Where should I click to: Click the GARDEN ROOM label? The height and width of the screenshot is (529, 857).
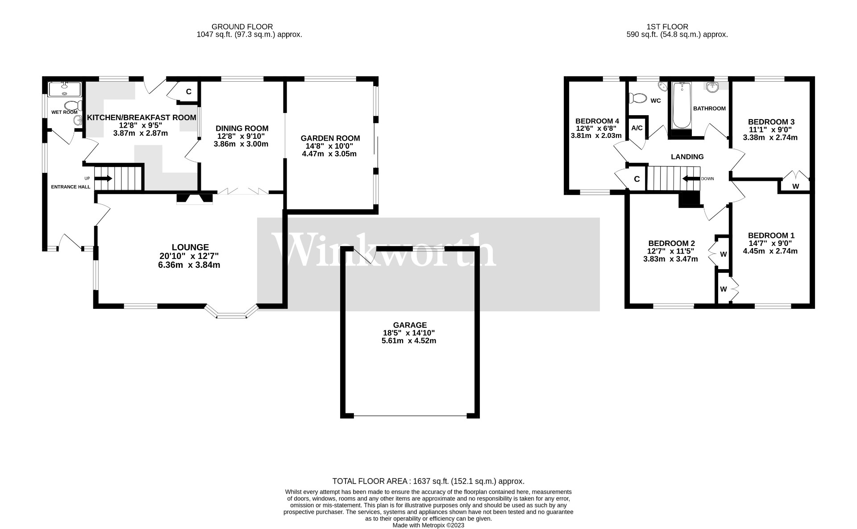pos(330,138)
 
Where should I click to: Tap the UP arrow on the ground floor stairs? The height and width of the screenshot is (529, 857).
pos(103,179)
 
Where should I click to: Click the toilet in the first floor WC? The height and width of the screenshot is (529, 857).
pos(637,98)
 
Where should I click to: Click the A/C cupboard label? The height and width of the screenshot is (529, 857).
pos(637,128)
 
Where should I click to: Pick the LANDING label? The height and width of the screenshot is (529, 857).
pos(687,157)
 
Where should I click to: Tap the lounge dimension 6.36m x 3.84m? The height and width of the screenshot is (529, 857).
pos(190,265)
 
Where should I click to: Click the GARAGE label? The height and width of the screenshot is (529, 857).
pos(410,325)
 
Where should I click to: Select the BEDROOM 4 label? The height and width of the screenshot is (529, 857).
pos(597,121)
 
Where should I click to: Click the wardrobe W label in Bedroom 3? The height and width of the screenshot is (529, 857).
pos(795,187)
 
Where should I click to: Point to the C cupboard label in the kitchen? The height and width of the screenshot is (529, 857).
pos(188,92)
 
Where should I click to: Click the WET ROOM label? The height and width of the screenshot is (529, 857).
pos(64,112)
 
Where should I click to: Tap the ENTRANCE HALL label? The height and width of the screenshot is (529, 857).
pos(71,187)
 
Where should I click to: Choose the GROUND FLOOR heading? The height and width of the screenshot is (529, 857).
pos(242,27)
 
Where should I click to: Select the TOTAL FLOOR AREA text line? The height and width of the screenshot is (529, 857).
pos(428,481)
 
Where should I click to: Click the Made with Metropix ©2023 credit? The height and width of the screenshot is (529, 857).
pos(428,525)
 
